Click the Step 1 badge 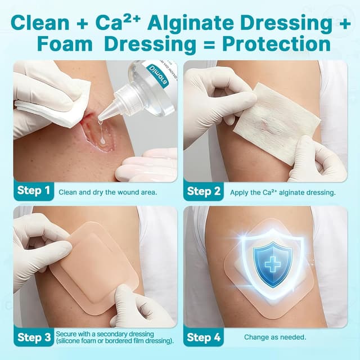click(x=33, y=191)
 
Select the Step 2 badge click(x=203, y=191)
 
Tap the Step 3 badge click(x=33, y=337)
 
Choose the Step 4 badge click(x=203, y=337)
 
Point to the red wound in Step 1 click(x=93, y=132)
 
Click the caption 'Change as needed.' click(x=275, y=337)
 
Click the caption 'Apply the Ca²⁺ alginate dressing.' click(x=282, y=191)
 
